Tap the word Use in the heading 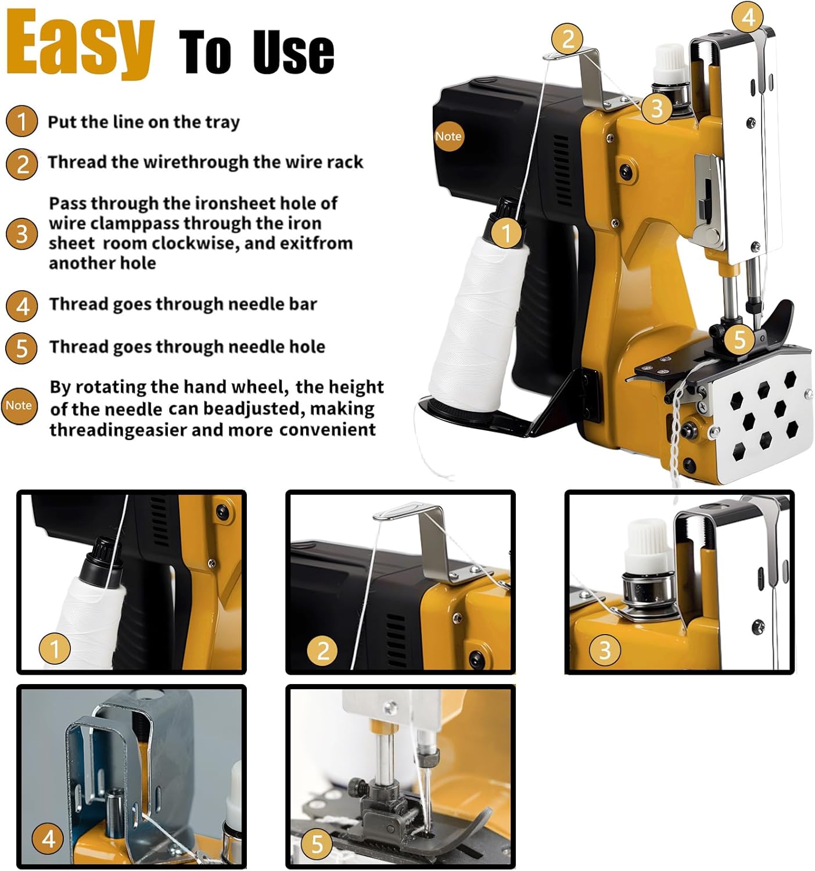[x=293, y=52]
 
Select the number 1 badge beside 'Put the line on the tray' [x=21, y=121]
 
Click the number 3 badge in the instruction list [x=21, y=234]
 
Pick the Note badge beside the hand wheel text [x=19, y=405]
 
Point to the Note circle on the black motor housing [x=448, y=136]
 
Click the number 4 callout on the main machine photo [x=748, y=17]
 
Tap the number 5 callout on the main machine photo [x=739, y=339]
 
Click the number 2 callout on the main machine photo [x=568, y=38]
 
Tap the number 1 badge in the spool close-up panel [x=55, y=649]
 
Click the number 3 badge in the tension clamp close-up [x=605, y=650]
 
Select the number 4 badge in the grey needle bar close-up [x=48, y=839]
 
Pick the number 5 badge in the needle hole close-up [x=317, y=843]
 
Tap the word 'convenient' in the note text [x=328, y=430]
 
